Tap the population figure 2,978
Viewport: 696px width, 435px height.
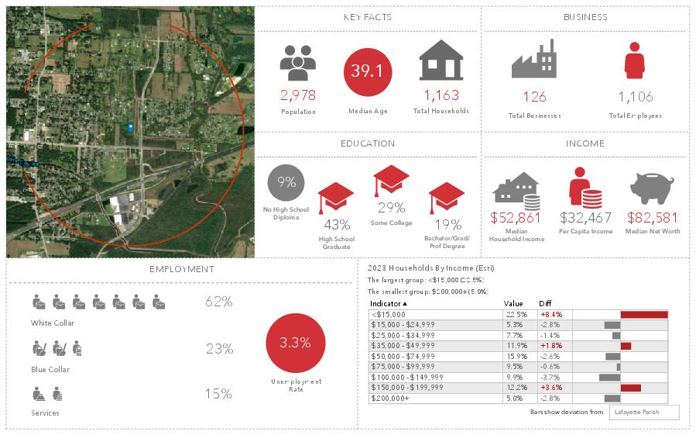coord(298,95)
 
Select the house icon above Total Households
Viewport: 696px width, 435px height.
coord(441,60)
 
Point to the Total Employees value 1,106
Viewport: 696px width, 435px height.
coord(635,97)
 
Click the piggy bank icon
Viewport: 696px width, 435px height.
coord(652,190)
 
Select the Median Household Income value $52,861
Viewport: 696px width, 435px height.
coord(516,218)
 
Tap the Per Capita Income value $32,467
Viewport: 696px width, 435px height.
coord(585,218)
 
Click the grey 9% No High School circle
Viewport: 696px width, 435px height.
coord(286,183)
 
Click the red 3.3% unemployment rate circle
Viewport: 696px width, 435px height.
coord(295,343)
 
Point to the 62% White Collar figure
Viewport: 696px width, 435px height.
coord(218,302)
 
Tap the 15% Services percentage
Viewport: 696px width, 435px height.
coord(218,394)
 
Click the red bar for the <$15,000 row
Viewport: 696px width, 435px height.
coord(643,315)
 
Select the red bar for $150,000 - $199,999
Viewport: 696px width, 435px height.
coord(630,387)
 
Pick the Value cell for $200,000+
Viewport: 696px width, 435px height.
coord(515,398)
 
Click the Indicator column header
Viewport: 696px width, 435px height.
coord(388,304)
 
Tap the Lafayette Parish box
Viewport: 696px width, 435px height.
coord(644,413)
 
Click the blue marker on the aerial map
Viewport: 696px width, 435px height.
coord(130,127)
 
